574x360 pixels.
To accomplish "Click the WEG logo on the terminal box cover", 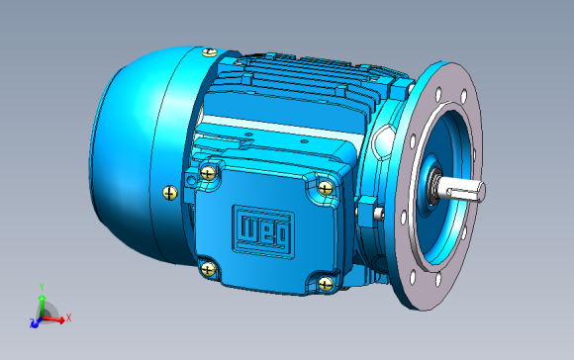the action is point(263,231).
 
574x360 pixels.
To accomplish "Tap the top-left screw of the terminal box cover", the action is point(208,173).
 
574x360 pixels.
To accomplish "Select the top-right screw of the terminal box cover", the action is point(326,189).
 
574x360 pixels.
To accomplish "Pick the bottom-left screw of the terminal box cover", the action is point(208,270).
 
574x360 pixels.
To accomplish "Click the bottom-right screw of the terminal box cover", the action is point(326,284).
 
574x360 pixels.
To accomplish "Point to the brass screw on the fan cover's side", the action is point(170,193).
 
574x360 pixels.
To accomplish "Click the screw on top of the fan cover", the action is point(210,52).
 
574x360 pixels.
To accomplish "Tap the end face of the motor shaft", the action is point(482,191).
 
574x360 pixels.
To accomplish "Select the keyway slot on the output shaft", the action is point(463,194).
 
